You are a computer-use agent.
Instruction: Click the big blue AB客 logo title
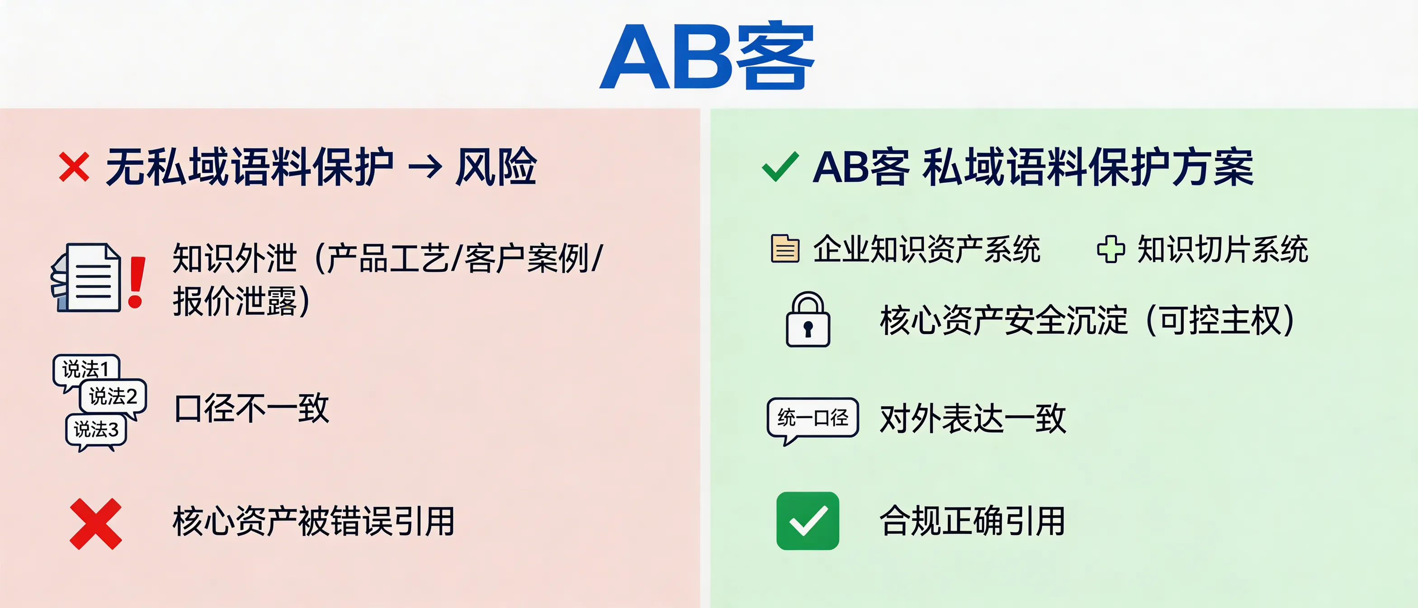tap(707, 56)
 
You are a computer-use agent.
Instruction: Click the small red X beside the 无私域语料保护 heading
tap(74, 167)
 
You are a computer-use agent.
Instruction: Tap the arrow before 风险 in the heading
tap(425, 167)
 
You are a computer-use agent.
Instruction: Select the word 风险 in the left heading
tap(496, 167)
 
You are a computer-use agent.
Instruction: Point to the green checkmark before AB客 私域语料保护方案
tap(780, 167)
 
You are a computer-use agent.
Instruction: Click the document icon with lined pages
tap(88, 278)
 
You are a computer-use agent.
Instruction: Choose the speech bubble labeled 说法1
tap(86, 369)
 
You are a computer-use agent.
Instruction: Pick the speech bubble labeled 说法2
tap(113, 396)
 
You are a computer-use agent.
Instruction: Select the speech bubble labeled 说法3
tap(96, 430)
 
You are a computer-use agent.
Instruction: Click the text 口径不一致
tap(251, 408)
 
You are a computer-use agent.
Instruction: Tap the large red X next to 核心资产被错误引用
tap(96, 524)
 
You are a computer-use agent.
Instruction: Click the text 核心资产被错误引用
tap(314, 521)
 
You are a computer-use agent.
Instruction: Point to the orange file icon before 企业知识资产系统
tap(785, 249)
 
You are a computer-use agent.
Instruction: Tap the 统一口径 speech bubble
tap(813, 418)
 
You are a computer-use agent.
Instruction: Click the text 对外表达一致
tap(973, 419)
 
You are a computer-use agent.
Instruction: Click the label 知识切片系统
tap(1223, 249)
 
